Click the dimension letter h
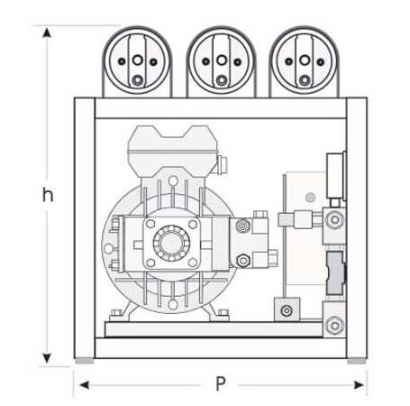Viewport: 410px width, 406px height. pos(48,195)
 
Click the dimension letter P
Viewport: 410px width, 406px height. pos(221,383)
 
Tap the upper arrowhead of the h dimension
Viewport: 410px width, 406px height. pos(47,32)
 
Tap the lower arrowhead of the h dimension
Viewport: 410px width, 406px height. pos(47,358)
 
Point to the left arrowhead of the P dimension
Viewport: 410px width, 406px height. pos(84,384)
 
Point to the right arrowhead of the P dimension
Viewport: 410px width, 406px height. pos(360,384)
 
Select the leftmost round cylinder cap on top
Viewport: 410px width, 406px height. pos(137,61)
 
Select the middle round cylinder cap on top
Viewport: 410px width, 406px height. pos(222,61)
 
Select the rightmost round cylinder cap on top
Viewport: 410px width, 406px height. pos(305,61)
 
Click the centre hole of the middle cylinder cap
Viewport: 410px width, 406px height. pos(222,60)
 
